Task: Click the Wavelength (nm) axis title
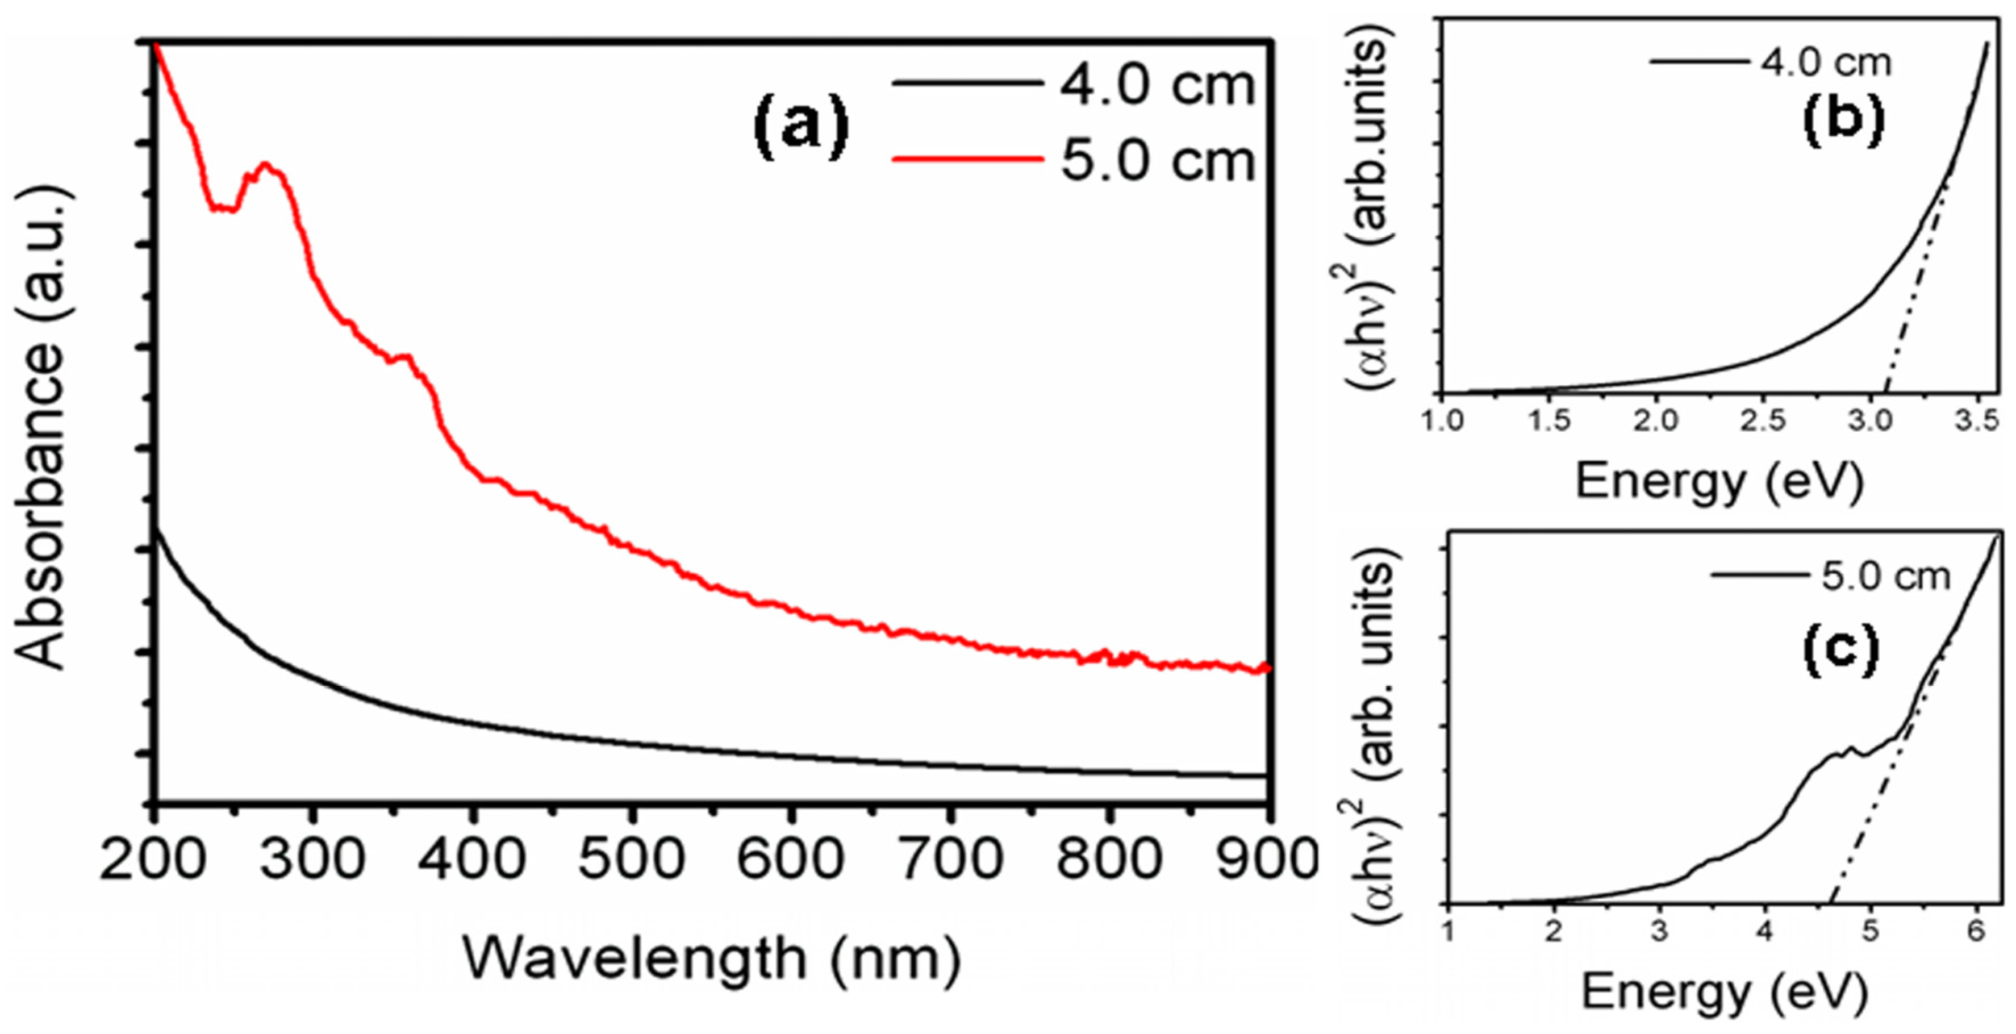click(x=712, y=959)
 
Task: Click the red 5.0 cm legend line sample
click(x=968, y=160)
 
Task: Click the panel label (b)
click(x=1843, y=118)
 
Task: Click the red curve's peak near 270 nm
click(x=265, y=165)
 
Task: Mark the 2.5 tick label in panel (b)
click(x=1763, y=421)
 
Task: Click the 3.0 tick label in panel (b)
click(x=1869, y=421)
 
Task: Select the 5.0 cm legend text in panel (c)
click(x=1885, y=577)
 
